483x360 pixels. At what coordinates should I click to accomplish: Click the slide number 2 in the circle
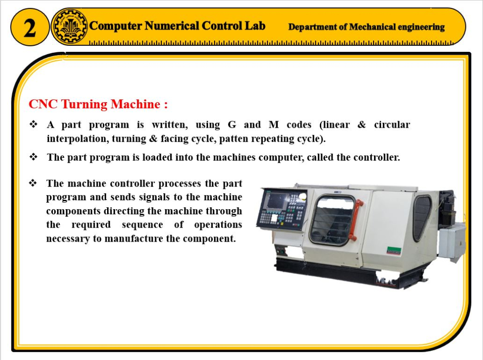(x=30, y=28)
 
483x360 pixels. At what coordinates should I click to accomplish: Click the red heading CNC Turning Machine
(x=98, y=104)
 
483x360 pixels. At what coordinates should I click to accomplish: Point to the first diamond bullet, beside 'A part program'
(x=33, y=124)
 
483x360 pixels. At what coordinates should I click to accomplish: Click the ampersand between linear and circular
(x=362, y=124)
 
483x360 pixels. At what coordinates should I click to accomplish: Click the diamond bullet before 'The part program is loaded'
(x=33, y=157)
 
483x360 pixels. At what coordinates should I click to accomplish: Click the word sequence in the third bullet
(x=142, y=225)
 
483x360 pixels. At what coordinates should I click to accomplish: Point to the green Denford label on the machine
(x=394, y=251)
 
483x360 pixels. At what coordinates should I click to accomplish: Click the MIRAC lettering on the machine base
(x=385, y=280)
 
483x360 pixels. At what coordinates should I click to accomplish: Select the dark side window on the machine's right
(x=422, y=217)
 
